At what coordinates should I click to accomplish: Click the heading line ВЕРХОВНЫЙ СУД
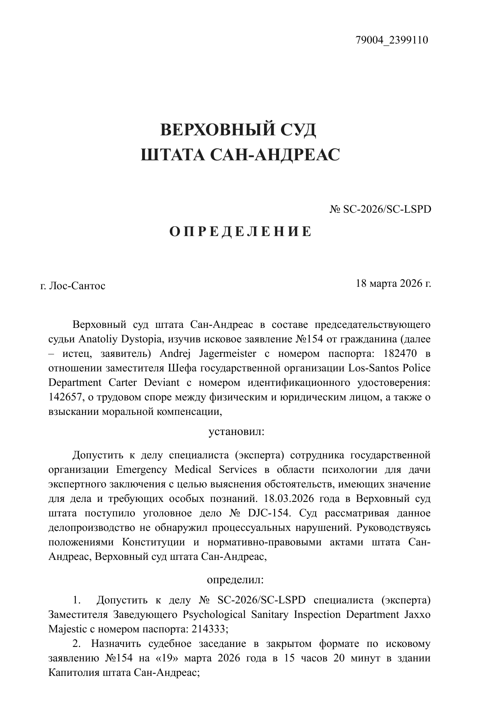coord(238,130)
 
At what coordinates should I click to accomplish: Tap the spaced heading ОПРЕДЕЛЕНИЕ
coord(240,232)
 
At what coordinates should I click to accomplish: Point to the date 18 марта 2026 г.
coord(393,283)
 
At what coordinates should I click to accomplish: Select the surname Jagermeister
coord(228,354)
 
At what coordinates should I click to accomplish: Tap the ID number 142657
coord(65,397)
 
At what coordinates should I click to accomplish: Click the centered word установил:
coord(236,432)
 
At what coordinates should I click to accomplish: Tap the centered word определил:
coord(235,580)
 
